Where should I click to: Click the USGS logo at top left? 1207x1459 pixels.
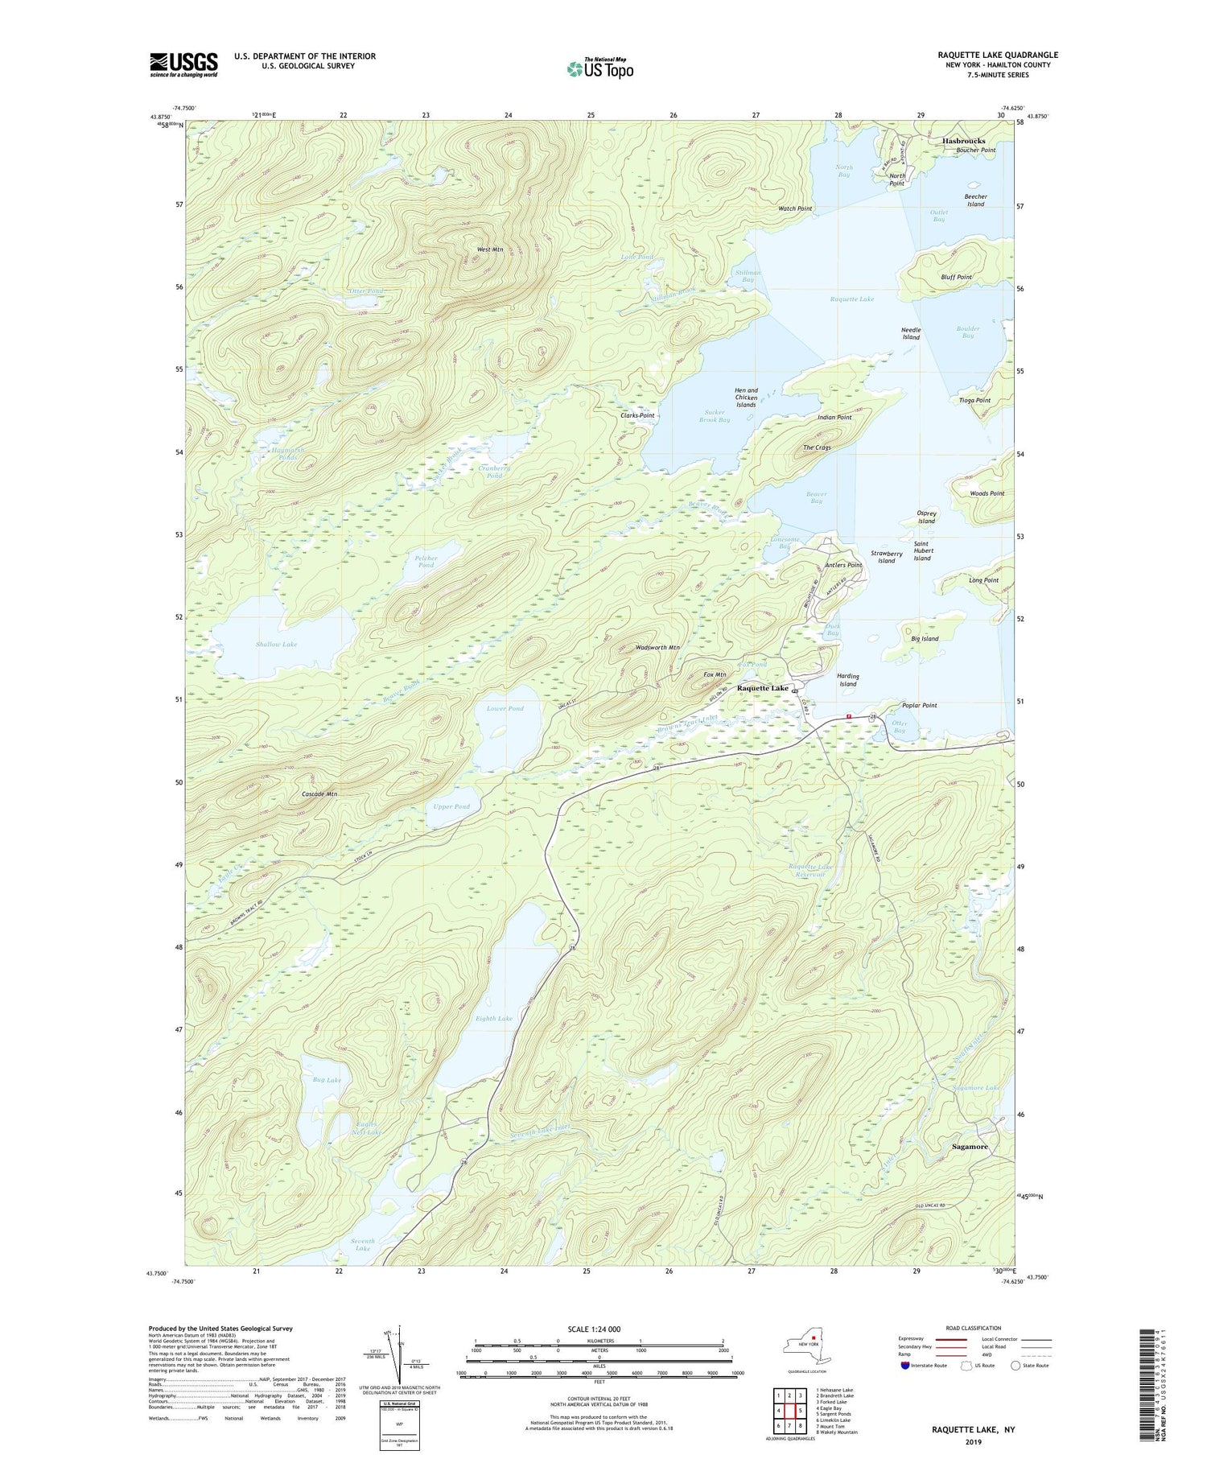[x=183, y=64]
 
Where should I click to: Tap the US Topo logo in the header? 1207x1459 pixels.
[x=599, y=68]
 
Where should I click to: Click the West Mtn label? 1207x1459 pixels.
[x=489, y=249]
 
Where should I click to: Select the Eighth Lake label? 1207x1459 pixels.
[x=494, y=1018]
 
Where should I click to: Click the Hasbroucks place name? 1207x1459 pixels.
[x=963, y=141]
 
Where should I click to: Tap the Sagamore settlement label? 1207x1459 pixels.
[x=969, y=1146]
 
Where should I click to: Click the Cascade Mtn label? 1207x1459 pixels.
[x=319, y=793]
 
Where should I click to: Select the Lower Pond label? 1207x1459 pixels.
[x=505, y=708]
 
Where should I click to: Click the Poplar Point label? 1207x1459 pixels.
[x=919, y=705]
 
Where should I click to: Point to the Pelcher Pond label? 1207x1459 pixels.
[x=426, y=561]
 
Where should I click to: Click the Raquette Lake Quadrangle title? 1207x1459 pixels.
[x=997, y=55]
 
